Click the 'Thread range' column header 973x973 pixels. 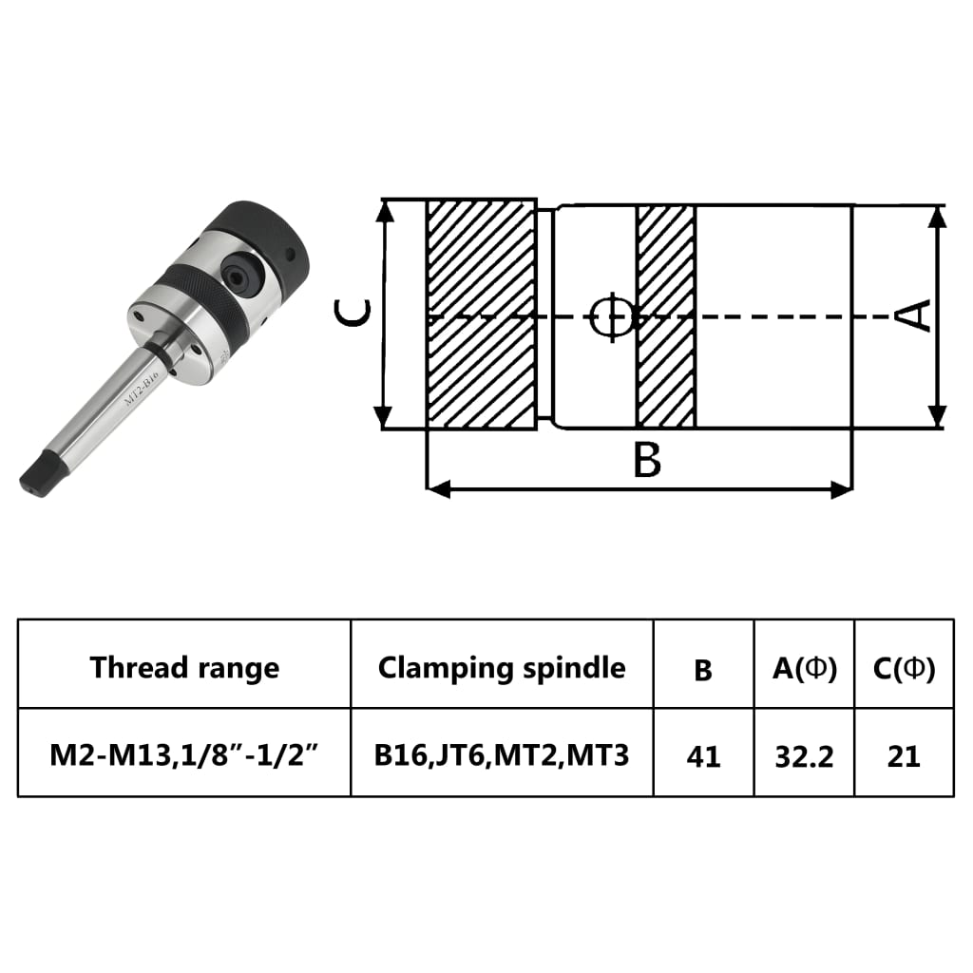[184, 667]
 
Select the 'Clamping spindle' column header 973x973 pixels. [502, 667]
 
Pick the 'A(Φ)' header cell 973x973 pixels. [804, 668]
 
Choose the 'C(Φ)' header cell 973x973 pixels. [904, 668]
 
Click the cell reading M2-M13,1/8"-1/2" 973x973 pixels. [184, 755]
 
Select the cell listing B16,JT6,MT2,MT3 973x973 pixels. [502, 755]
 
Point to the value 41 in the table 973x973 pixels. [703, 756]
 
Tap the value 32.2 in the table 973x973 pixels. [804, 756]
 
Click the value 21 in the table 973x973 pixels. [904, 756]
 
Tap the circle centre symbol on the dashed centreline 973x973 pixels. [610, 315]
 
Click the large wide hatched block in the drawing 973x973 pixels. [481, 314]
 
